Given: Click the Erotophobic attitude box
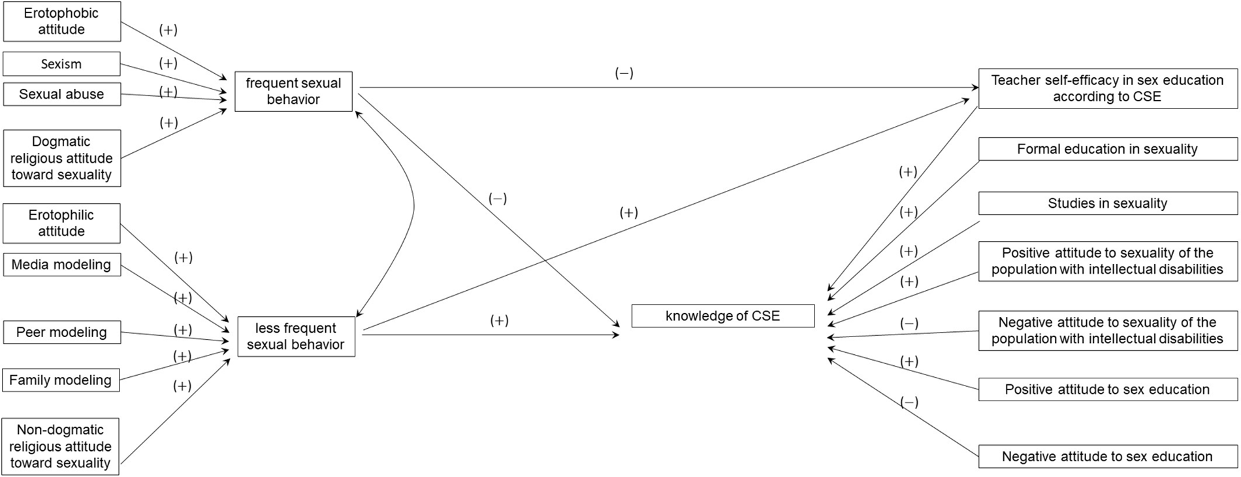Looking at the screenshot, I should click(x=61, y=22).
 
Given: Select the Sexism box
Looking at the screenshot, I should click(x=61, y=64).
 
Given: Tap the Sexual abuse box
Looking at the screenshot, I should click(x=61, y=94).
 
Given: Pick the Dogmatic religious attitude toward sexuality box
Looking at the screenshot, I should click(x=61, y=158).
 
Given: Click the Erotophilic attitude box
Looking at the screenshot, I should click(x=61, y=223).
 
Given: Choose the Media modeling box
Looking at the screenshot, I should click(x=61, y=265).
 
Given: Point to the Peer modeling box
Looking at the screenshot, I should click(x=61, y=332).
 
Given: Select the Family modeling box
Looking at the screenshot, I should click(x=61, y=380).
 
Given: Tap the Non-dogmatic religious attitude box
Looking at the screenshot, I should click(x=61, y=446).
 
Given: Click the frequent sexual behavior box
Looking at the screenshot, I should click(x=293, y=91).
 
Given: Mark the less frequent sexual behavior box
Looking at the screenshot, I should click(x=296, y=337).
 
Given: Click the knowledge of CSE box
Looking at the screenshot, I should click(x=722, y=316).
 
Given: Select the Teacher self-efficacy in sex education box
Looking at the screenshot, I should click(x=1107, y=88).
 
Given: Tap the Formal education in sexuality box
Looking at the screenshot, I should click(x=1107, y=149).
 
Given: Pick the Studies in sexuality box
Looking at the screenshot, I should click(x=1107, y=203).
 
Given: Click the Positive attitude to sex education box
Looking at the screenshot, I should click(x=1107, y=389).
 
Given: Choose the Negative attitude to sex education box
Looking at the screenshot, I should click(x=1107, y=457).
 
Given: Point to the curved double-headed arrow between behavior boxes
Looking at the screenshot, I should click(x=413, y=209).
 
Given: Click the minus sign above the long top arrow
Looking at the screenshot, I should click(x=624, y=73).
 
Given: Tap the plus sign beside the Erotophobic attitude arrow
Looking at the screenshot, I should click(x=168, y=30).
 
